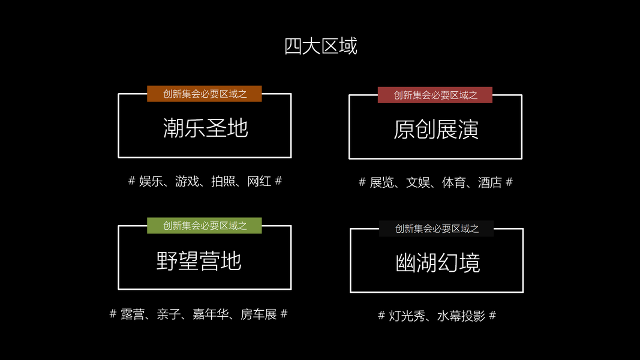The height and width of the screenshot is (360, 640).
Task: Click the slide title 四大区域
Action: (320, 46)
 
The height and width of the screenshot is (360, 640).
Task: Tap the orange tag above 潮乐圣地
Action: (205, 94)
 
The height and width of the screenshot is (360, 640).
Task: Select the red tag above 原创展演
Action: (435, 95)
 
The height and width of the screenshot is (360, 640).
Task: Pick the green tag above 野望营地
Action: (205, 226)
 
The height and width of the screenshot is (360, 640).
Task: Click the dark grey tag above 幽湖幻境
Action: (436, 229)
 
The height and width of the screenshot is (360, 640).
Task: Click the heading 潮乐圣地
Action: (205, 128)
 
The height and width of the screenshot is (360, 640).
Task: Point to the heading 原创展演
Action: (435, 130)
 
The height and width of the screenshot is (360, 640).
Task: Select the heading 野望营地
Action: (199, 261)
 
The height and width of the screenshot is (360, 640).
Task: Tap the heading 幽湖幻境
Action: (437, 263)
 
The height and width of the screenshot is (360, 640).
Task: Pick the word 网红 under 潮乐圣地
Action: (259, 181)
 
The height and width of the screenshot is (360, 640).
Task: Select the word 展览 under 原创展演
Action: (381, 182)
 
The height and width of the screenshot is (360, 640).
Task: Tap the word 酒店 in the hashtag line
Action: (489, 182)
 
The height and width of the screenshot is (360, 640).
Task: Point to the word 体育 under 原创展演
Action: (453, 182)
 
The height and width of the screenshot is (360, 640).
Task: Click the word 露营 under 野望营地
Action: (133, 314)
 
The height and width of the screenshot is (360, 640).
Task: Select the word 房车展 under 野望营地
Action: (259, 314)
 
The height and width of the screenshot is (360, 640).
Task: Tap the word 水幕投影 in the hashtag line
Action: (461, 316)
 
